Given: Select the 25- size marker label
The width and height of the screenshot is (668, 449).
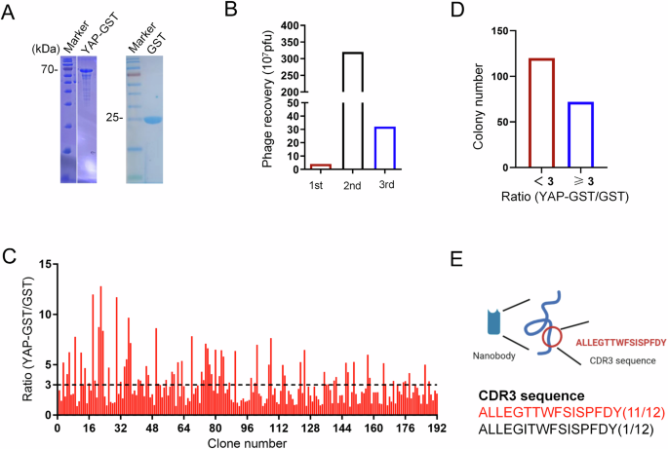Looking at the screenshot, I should pos(114,118).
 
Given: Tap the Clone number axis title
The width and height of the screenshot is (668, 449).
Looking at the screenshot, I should pos(247,443).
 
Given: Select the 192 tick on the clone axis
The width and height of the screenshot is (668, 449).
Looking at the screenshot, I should pos(437,428).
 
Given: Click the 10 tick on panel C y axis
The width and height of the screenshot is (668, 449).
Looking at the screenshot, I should pos(38,315).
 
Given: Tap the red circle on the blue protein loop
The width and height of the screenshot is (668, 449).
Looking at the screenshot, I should pos(552,337).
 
